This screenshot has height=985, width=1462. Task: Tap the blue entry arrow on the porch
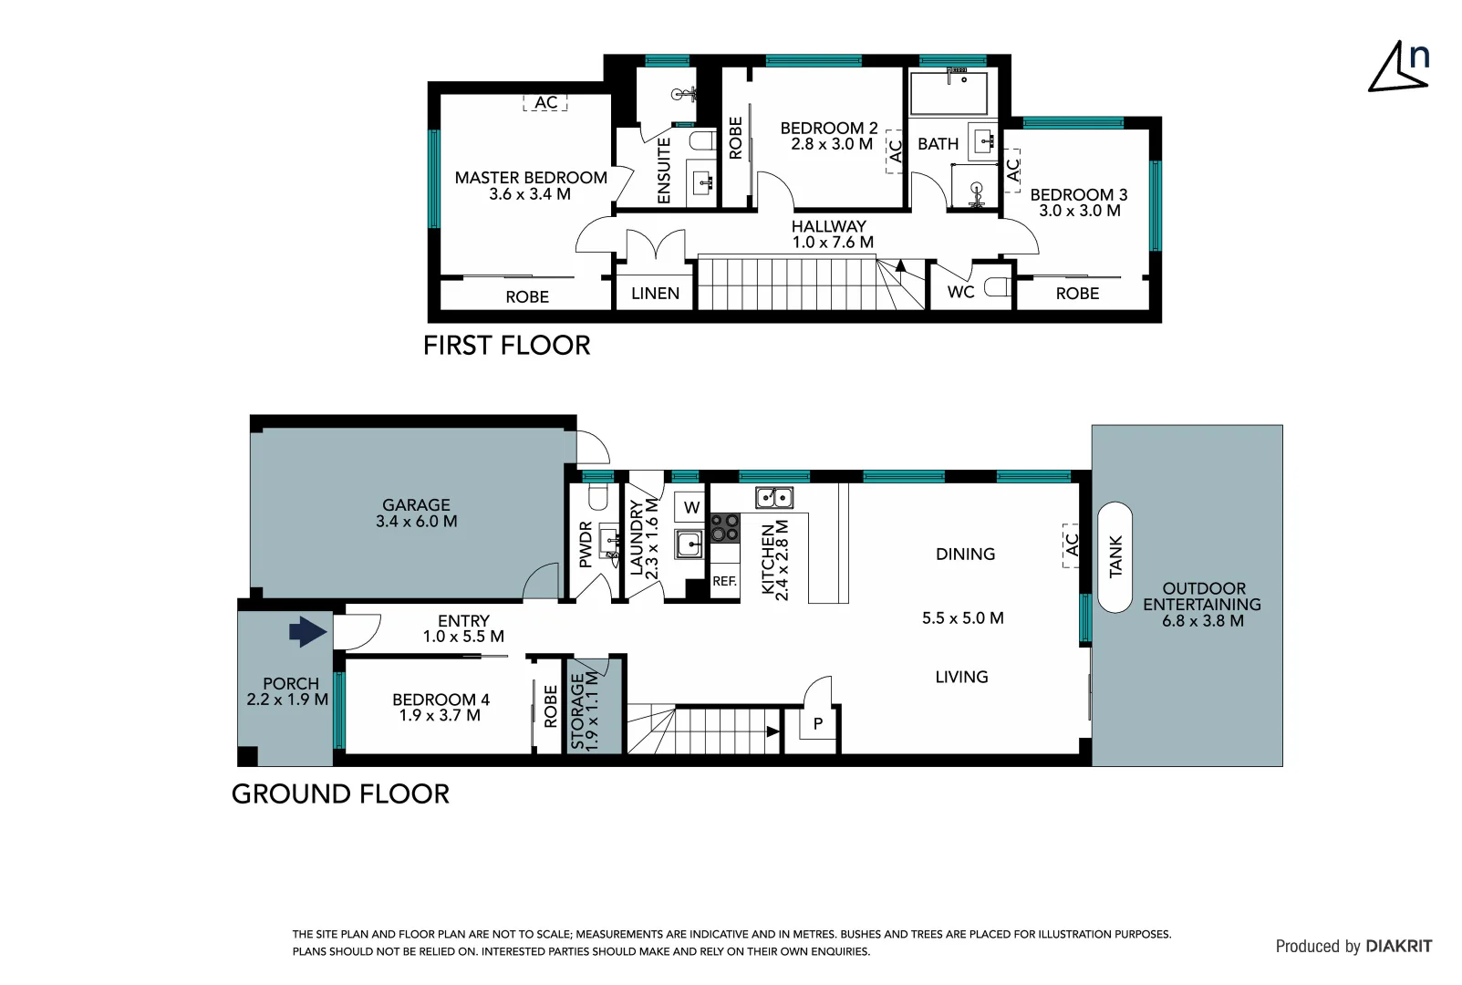click(307, 631)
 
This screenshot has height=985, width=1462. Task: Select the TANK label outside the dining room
click(1115, 556)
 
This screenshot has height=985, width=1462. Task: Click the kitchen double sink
click(774, 497)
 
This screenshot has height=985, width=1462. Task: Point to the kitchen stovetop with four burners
click(724, 528)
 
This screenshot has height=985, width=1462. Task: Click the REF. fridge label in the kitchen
click(724, 581)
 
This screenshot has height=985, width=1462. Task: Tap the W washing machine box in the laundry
click(691, 507)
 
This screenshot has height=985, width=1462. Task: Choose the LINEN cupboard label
click(655, 294)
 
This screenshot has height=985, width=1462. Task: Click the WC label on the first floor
click(960, 292)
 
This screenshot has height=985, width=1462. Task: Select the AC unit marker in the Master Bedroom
click(545, 102)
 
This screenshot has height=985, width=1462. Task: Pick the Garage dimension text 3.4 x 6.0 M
click(417, 522)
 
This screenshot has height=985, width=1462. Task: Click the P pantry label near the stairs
click(818, 723)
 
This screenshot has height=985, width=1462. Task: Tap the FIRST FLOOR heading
click(506, 346)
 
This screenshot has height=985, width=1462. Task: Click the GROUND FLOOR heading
click(341, 794)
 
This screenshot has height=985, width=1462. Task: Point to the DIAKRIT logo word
click(1399, 946)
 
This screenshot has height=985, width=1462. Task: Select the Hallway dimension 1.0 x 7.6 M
click(833, 243)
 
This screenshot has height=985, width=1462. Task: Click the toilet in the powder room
click(598, 497)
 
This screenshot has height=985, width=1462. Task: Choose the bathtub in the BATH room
click(949, 93)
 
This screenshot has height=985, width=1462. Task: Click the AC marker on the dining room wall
click(1071, 545)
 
